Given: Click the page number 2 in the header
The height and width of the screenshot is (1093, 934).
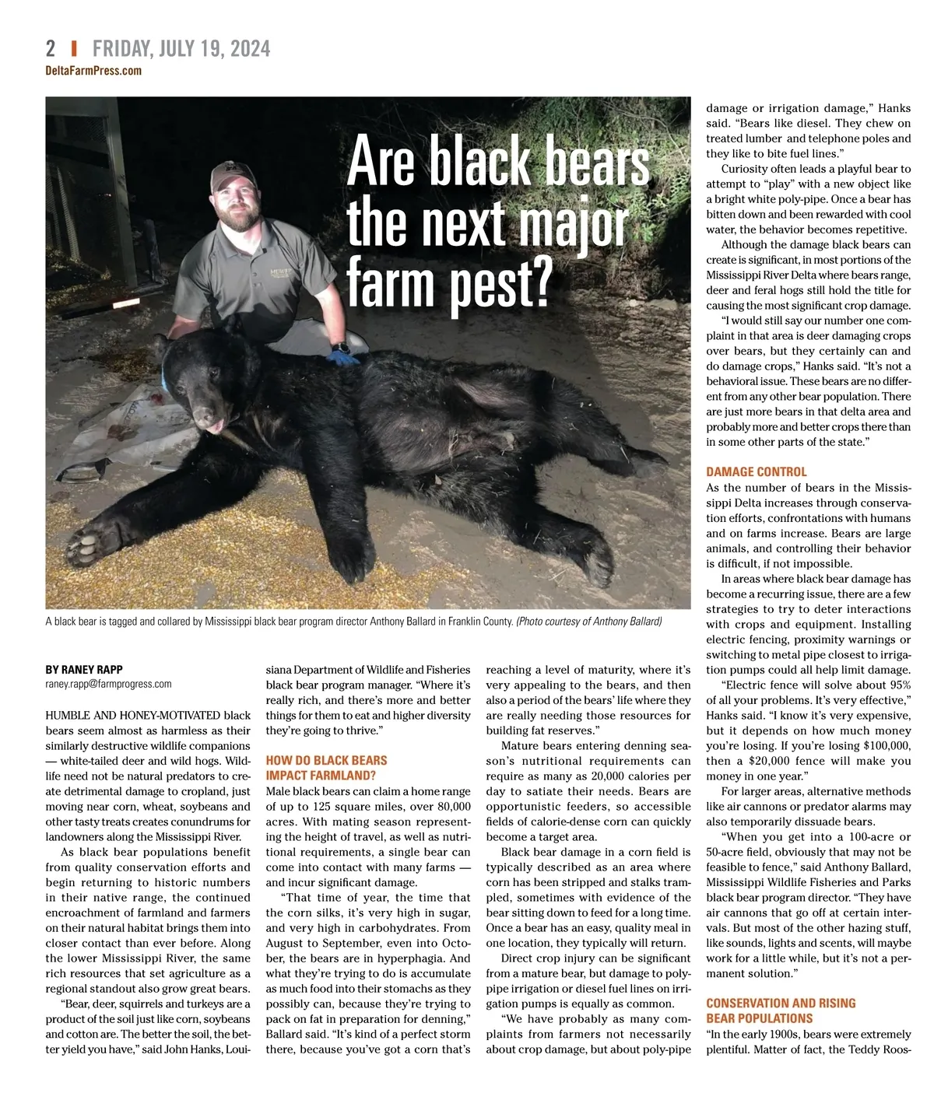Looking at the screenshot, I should (x=51, y=48).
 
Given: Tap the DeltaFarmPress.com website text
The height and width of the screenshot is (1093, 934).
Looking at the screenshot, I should (x=93, y=71).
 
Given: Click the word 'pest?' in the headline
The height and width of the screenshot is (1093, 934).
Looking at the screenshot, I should (x=500, y=285).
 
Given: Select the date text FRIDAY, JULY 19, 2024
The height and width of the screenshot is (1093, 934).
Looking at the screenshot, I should (x=181, y=48).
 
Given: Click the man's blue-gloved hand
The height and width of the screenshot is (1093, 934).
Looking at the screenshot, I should (x=343, y=357).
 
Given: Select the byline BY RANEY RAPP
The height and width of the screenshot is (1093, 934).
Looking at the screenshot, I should (x=84, y=669).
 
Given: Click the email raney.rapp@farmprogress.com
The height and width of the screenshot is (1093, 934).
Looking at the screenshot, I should (x=108, y=684).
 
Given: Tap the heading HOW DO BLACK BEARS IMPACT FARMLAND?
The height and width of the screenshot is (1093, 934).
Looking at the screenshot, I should (x=326, y=768).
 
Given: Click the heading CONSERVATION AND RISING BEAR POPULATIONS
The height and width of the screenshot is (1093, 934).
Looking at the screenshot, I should (x=781, y=1011).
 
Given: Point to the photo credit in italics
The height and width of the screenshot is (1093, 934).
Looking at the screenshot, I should (x=588, y=622).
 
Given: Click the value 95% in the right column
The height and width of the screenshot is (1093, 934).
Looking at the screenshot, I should (x=900, y=685).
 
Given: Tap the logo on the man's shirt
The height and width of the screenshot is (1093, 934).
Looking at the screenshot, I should (x=278, y=272).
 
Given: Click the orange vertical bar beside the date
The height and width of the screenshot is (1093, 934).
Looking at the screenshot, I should (x=74, y=48).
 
